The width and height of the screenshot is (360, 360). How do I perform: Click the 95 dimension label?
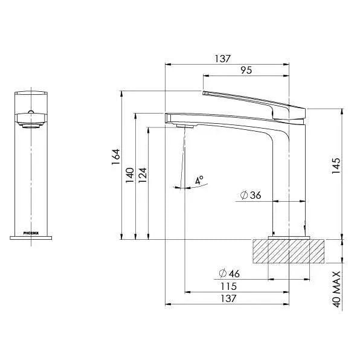(246, 70)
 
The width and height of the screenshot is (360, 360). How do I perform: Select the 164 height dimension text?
(116, 156)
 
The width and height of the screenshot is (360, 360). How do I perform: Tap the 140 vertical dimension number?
(130, 175)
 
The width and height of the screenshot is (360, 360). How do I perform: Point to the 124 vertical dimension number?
(143, 175)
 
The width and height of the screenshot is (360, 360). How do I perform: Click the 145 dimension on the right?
(336, 166)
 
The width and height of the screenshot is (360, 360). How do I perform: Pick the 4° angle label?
(199, 180)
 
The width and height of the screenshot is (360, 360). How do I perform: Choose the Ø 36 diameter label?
(251, 195)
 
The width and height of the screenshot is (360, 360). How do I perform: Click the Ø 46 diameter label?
(229, 273)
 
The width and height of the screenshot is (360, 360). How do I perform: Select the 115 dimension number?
(228, 286)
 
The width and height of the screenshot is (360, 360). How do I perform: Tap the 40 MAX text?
(336, 289)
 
